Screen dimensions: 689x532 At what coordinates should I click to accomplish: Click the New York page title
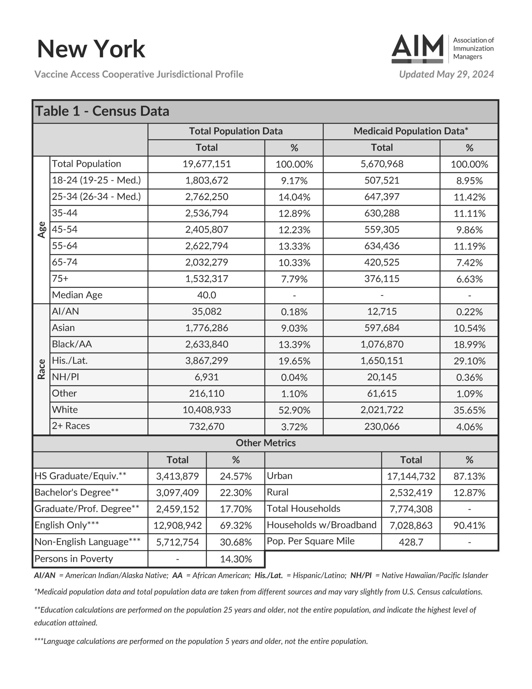[x=91, y=49]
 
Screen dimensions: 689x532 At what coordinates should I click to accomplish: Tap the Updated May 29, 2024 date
[x=446, y=75]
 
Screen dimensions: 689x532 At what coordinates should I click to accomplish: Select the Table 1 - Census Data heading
[x=102, y=111]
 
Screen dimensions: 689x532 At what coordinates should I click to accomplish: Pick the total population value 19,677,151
[x=207, y=164]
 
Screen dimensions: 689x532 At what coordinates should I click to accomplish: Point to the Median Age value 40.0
[x=207, y=295]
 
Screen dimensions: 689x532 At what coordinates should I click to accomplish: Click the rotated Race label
[x=42, y=369]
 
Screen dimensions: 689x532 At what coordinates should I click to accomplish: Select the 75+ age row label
[x=60, y=279]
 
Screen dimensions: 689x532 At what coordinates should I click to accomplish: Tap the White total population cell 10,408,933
[x=207, y=410]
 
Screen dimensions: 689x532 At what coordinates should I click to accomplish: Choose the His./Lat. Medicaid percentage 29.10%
[x=469, y=361]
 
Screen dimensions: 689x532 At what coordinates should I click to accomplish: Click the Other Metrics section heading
[x=265, y=443]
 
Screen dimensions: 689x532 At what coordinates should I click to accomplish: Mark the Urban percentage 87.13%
[x=469, y=476]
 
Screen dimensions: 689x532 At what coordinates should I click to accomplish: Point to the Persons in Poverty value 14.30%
[x=236, y=559]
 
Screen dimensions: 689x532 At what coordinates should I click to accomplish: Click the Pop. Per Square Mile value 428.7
[x=411, y=542]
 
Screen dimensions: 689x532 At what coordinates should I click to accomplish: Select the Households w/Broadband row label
[x=321, y=525]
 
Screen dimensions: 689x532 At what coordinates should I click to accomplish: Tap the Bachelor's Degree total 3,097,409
[x=177, y=493]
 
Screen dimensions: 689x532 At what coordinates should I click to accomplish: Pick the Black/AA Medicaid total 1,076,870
[x=382, y=344]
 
